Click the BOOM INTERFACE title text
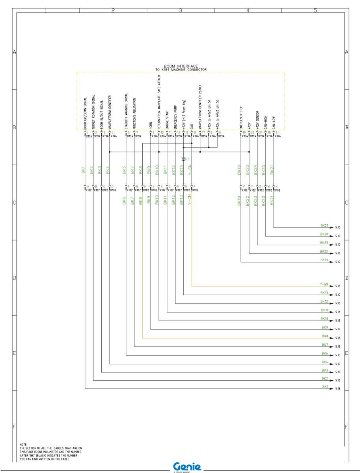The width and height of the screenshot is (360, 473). click(x=181, y=66)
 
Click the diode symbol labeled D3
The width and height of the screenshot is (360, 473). click(x=183, y=159)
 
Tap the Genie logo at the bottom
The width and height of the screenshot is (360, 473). click(x=187, y=466)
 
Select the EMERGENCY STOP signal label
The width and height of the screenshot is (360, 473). click(x=241, y=117)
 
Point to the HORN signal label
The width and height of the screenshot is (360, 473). click(x=151, y=124)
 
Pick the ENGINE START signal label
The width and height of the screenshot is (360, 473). click(x=167, y=119)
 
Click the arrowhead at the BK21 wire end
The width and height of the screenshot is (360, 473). click(x=331, y=227)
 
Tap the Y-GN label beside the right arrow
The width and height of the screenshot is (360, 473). click(x=324, y=284)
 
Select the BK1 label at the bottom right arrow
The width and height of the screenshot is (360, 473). click(x=325, y=387)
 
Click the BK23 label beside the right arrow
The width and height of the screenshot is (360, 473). click(x=324, y=243)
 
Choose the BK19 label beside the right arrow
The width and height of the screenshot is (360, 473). click(x=324, y=260)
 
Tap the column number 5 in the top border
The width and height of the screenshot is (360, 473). click(x=315, y=11)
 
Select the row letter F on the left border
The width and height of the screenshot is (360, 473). click(x=15, y=427)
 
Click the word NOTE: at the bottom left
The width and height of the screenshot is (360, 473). click(x=23, y=445)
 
